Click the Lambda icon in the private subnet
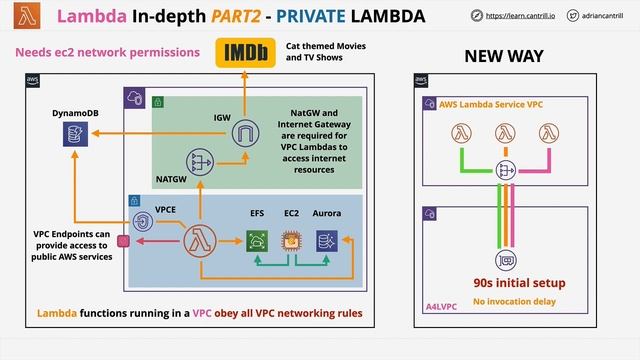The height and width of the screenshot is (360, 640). pos(200,239)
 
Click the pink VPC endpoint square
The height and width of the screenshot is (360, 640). pos(124,240)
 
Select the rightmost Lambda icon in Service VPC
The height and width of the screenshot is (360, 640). pos(547,133)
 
